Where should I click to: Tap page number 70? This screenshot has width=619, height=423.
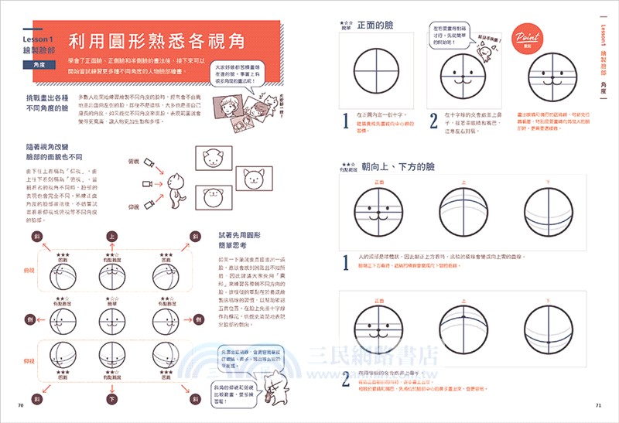point(19,405)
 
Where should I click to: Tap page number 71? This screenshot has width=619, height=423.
point(598,405)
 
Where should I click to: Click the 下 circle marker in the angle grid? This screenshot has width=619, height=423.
point(112,400)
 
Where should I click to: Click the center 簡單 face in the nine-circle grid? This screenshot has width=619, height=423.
point(112,319)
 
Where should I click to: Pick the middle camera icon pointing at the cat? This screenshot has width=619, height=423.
point(145,183)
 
